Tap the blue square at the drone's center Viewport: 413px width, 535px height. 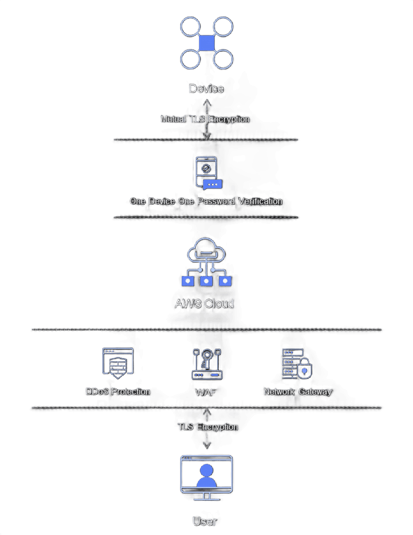(207, 42)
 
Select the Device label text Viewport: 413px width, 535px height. (206, 89)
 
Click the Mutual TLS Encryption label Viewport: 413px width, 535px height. (205, 119)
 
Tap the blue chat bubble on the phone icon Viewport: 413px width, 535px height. (212, 184)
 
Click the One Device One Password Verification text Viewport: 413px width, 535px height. (206, 201)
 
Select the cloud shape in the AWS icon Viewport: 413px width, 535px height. (207, 251)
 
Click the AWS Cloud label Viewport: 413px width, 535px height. (204, 303)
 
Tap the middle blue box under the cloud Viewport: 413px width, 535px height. (207, 281)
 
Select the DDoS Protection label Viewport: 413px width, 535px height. (117, 391)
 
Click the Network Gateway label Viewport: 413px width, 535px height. (298, 391)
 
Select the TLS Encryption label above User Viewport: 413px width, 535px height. (207, 427)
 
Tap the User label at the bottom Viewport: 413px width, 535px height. (204, 521)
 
